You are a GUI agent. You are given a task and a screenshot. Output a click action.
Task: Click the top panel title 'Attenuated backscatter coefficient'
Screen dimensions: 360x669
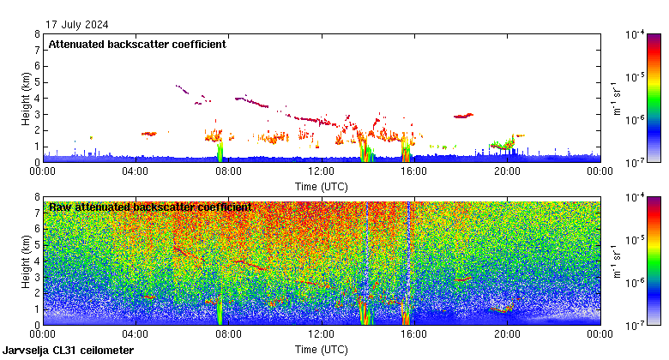[x=137, y=44]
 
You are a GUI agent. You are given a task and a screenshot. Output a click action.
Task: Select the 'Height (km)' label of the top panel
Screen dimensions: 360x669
[x=27, y=98]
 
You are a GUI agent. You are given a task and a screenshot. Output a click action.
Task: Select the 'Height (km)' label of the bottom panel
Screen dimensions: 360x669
[x=27, y=261]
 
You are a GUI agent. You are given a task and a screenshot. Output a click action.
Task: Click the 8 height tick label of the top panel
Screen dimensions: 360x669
[x=37, y=34]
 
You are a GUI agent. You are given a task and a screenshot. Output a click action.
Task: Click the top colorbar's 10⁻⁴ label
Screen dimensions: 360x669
[x=636, y=34]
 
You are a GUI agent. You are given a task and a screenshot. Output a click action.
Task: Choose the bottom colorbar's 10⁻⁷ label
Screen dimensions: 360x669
[x=636, y=326]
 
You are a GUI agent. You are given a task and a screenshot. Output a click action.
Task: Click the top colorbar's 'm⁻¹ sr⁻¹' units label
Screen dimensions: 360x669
[x=616, y=98]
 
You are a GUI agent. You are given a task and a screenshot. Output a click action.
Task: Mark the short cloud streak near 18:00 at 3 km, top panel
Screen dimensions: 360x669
[x=463, y=115]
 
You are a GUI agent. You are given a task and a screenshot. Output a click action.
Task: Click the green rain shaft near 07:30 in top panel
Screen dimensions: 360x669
[x=219, y=152]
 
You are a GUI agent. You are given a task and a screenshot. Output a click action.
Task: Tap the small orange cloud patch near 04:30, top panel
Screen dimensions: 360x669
[x=150, y=134]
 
